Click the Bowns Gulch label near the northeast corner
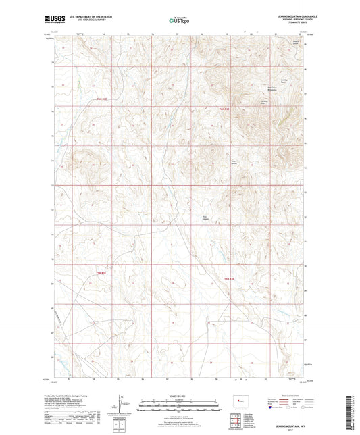tap(294, 42)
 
